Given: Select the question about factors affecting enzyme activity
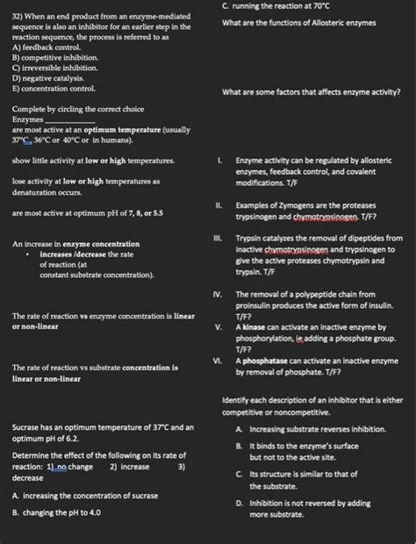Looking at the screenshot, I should tap(312, 92).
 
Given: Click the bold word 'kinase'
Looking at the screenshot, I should tap(257, 326).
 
